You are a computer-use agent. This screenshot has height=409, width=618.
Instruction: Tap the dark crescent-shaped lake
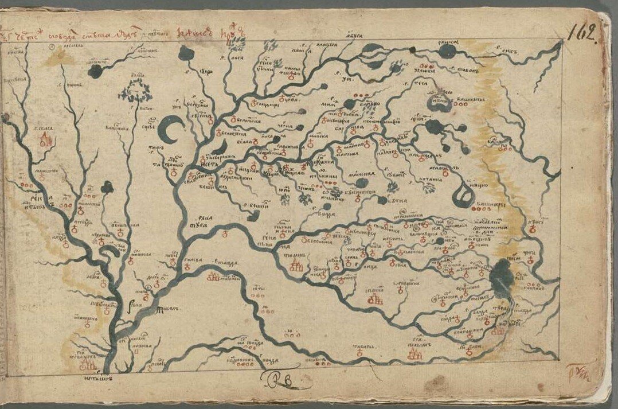pyautogui.click(x=170, y=130)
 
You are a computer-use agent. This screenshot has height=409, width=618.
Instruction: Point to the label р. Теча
pyautogui.click(x=412, y=83)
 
